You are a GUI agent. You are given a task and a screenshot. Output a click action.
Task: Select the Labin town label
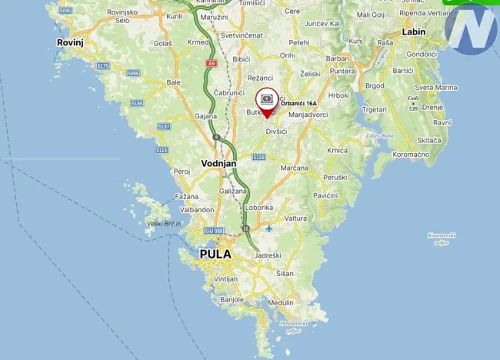point(414,32)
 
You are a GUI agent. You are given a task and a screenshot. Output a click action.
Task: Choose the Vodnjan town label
point(218,163)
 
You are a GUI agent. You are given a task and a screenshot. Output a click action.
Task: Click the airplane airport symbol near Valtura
point(268,228)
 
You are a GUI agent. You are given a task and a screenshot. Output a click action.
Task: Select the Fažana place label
point(187,197)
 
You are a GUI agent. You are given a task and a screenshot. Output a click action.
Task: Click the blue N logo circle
point(471,29)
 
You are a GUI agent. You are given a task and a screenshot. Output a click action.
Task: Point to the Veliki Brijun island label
point(165,223)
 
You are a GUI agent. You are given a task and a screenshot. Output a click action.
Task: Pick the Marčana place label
point(295,168)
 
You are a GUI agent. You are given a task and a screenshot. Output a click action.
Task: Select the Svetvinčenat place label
point(242,36)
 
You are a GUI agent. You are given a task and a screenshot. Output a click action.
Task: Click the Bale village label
point(174,82)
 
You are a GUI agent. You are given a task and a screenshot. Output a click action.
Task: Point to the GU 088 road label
point(214,231)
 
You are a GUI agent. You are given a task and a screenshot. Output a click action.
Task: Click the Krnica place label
point(337,150)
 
